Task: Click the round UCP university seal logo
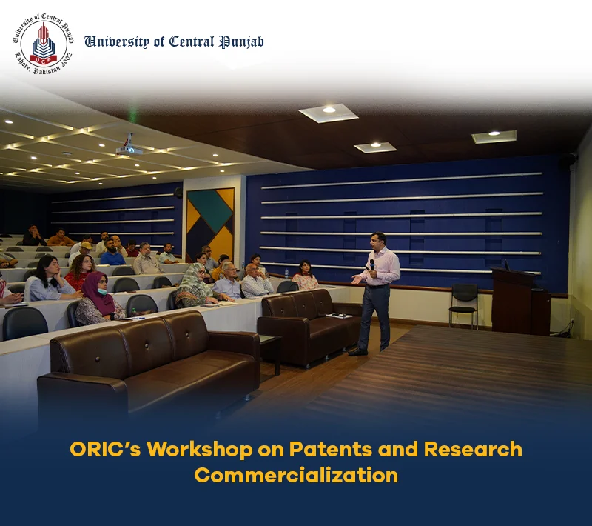[x=44, y=44]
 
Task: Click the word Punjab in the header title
[x=242, y=42]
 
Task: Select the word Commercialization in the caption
[x=297, y=476]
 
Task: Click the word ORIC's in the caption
[x=105, y=449]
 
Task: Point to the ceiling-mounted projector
[x=129, y=147]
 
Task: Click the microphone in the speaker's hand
[x=372, y=264]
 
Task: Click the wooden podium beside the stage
[x=521, y=302]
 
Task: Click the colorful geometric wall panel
[x=210, y=223]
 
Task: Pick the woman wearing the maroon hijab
[x=99, y=299]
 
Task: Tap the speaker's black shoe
[x=357, y=352]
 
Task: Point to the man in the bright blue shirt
[x=112, y=253]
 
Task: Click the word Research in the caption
[x=473, y=449]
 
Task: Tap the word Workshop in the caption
[x=200, y=449]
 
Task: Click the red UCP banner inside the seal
[x=44, y=59]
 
